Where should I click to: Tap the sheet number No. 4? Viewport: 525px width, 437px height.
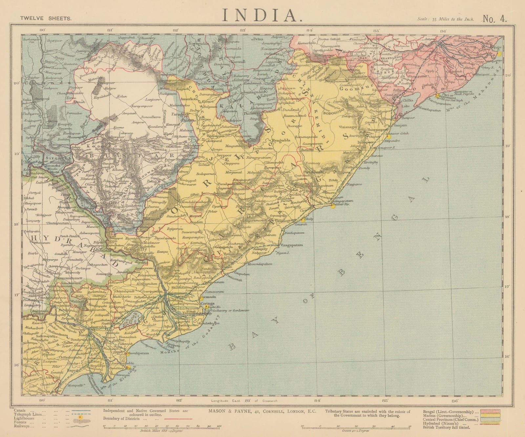[x=494, y=18]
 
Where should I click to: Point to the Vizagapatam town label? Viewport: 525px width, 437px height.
[x=291, y=245]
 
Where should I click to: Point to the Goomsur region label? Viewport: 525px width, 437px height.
[x=351, y=88]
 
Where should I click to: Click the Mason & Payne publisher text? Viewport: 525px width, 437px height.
[x=262, y=412]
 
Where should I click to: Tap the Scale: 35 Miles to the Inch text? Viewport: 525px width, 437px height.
[x=446, y=19]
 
